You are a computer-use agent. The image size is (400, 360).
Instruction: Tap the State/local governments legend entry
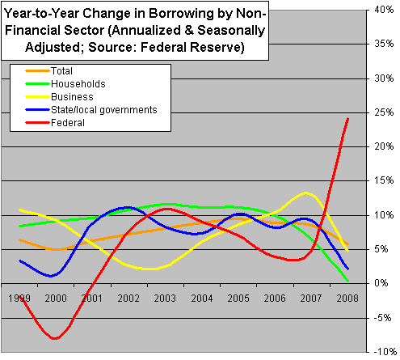tap(112, 109)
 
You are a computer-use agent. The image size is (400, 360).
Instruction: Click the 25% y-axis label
tap(383, 113)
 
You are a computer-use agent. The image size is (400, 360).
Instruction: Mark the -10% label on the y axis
tap(381, 353)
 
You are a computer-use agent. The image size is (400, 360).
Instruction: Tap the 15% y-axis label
tap(383, 181)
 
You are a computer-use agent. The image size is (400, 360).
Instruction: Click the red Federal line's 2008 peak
tap(347, 119)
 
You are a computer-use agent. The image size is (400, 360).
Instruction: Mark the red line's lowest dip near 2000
tap(55, 338)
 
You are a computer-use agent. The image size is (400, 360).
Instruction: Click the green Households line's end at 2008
tap(347, 281)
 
